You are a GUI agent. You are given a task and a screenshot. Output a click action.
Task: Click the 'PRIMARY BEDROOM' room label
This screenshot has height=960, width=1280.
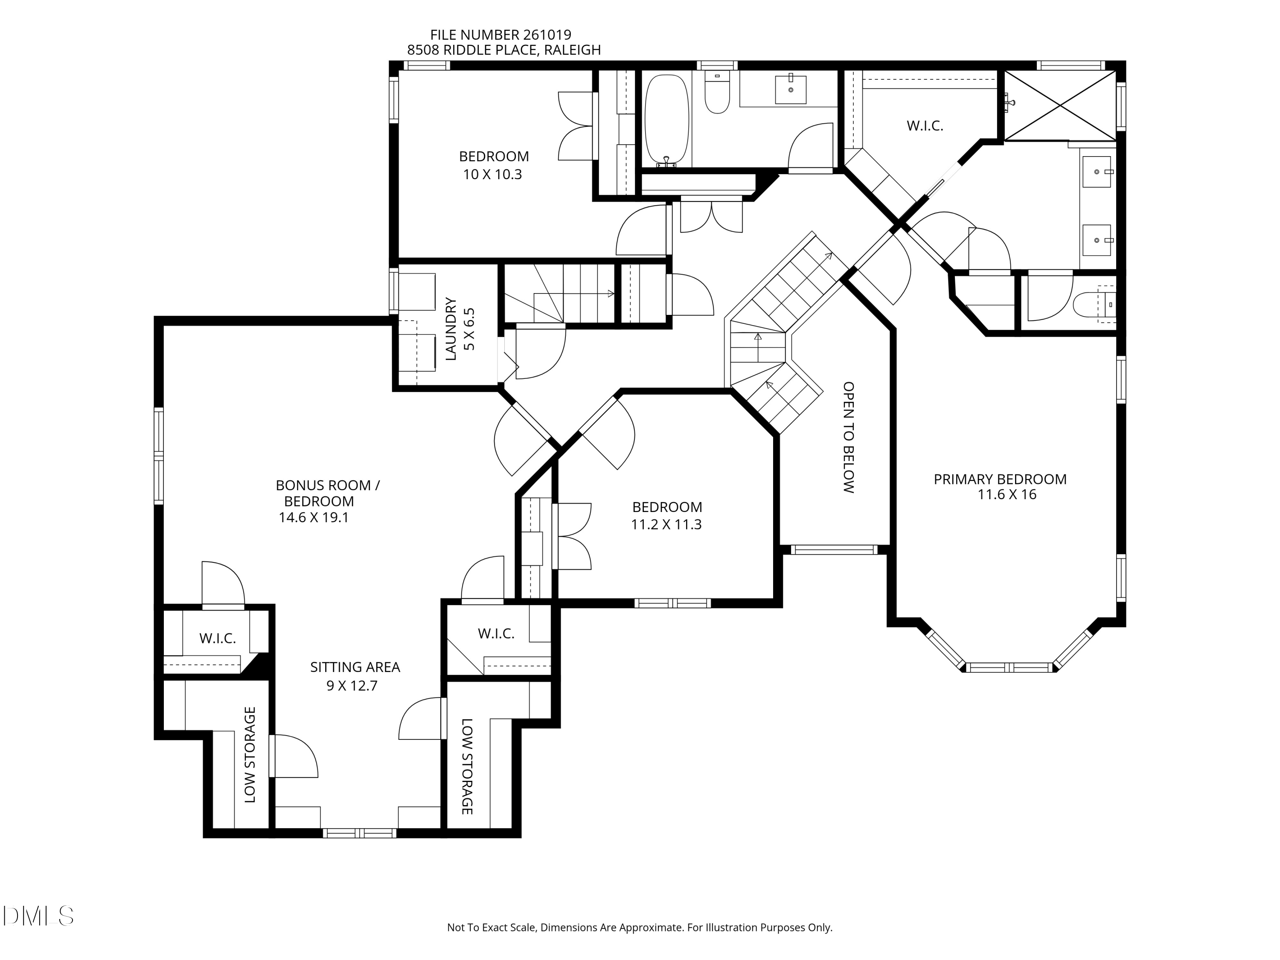[1000, 479]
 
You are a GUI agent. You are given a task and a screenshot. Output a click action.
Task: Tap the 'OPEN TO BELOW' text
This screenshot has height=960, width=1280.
[848, 437]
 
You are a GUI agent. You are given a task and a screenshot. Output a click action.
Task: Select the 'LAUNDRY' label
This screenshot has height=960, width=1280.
[451, 329]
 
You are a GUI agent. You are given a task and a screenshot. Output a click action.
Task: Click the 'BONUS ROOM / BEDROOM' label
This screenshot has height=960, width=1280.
[328, 493]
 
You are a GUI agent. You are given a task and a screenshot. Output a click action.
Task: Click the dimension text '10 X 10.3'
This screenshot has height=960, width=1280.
[492, 174]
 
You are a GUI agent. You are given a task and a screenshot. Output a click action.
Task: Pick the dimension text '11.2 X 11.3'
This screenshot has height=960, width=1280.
[666, 525]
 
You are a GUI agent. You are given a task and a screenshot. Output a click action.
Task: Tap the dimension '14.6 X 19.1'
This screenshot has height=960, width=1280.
[314, 517]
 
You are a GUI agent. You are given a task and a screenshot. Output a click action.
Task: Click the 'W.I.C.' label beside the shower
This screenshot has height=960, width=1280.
[925, 125]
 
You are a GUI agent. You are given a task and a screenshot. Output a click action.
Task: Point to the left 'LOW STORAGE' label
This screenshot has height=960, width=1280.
[250, 755]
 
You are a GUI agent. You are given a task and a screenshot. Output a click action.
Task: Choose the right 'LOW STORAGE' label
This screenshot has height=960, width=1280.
[467, 766]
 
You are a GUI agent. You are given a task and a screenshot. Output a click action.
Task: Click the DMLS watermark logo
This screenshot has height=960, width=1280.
[38, 916]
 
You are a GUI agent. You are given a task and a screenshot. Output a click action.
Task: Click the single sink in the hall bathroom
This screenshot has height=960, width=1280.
[791, 90]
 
